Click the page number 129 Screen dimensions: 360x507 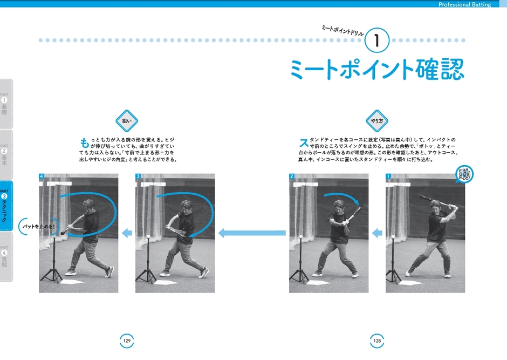coord(127,341)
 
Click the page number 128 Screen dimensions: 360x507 coord(378,341)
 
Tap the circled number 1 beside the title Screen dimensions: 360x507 coord(379,40)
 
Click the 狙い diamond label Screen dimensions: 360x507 coord(127,121)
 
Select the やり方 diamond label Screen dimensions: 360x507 coord(378,121)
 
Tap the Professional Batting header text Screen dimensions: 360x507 coord(464,4)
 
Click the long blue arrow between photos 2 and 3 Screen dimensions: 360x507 coord(252,233)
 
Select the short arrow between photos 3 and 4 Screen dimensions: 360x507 coord(127,233)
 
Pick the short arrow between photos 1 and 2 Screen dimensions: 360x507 coord(378,233)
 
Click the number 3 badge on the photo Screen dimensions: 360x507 coord(138,176)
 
